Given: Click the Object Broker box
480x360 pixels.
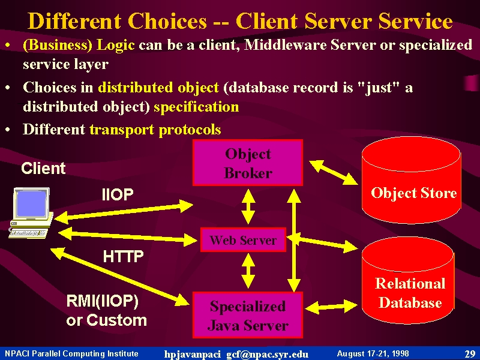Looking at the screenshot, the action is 248,163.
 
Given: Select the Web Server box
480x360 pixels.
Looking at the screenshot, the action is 243,239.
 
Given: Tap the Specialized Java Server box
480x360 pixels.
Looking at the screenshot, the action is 248,314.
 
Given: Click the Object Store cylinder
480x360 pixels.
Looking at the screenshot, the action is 411,180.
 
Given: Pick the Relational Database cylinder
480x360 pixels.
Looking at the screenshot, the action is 408,280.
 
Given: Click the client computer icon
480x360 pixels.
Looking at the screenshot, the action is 31,213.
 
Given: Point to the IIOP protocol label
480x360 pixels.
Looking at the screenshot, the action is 118,194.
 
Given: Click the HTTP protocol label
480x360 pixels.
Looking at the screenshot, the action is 124,257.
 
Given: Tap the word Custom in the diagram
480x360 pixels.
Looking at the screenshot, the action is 116,320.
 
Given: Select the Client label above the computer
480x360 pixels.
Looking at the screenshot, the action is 43,168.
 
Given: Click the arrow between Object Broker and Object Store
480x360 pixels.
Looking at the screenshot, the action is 334,172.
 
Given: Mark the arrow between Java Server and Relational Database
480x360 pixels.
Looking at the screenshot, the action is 331,307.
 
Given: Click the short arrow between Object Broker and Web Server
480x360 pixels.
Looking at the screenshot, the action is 248,206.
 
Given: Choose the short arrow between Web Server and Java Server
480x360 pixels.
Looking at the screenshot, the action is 248,271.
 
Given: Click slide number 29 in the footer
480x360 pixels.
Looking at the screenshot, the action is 470,354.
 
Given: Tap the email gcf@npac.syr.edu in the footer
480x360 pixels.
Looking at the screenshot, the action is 267,354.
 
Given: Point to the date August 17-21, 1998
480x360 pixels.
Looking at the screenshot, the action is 373,353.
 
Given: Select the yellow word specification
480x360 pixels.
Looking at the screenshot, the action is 196,107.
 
